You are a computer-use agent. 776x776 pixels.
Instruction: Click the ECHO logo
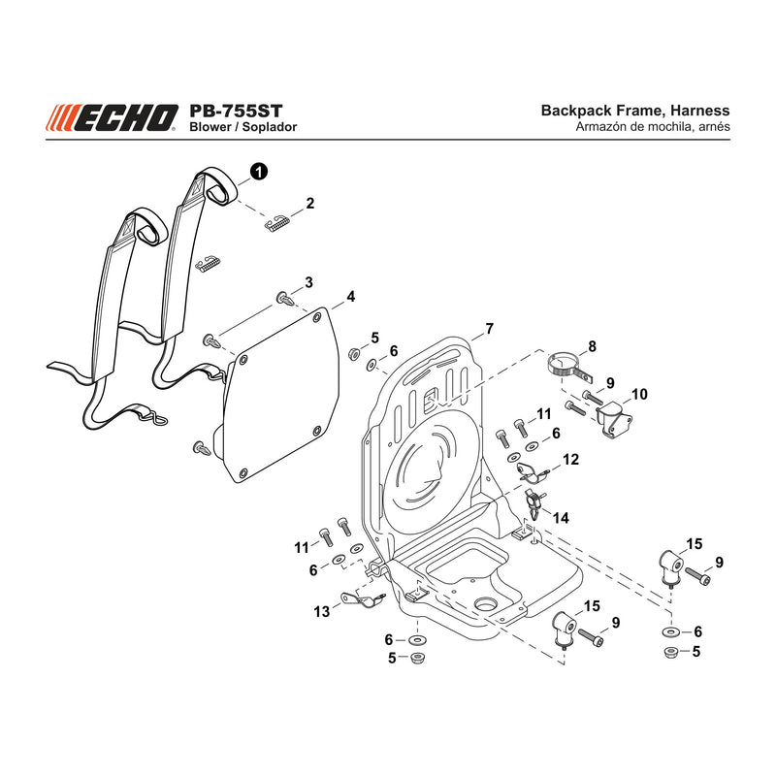click(112, 117)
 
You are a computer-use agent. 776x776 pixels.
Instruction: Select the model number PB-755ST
click(236, 110)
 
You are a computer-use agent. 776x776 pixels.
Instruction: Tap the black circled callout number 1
click(259, 172)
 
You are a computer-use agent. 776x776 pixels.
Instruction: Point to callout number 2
click(309, 203)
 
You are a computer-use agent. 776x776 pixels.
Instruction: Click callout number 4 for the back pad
click(351, 297)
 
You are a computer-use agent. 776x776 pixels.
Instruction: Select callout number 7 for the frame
click(489, 329)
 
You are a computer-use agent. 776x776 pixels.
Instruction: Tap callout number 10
click(639, 395)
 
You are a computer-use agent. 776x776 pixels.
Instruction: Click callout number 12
click(570, 459)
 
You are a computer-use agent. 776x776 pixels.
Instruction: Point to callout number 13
click(321, 612)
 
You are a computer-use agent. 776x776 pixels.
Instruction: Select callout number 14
click(561, 518)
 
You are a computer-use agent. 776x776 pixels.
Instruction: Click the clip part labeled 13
click(363, 599)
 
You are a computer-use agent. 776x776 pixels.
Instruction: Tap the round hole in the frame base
click(486, 604)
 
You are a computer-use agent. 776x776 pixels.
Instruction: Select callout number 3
click(308, 282)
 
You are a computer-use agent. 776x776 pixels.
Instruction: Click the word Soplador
click(270, 127)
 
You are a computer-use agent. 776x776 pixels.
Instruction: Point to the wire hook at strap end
click(158, 419)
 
